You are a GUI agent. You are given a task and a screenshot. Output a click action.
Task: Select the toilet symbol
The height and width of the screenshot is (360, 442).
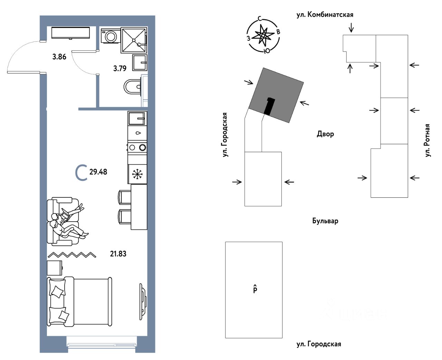tap(133, 87)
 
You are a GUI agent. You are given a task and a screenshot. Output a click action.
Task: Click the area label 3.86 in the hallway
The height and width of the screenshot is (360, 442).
tap(59, 57)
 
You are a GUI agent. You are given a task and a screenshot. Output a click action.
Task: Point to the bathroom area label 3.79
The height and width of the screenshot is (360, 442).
tap(120, 68)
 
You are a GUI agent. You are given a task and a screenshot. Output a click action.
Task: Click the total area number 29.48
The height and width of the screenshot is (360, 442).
tap(98, 172)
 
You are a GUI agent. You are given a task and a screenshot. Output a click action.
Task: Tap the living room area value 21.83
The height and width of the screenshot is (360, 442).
tap(118, 254)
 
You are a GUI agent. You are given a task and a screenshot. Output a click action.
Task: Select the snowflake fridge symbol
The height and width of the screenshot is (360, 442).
tap(137, 174)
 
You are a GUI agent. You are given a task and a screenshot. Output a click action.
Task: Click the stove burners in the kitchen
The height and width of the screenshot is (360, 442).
tap(137, 147)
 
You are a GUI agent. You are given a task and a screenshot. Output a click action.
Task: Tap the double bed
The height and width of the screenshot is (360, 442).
tap(79, 301)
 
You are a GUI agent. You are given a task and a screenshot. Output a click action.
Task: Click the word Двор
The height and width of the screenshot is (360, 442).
tap(325, 134)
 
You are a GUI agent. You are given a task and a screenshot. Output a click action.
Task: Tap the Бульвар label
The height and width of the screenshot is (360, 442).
tap(325, 221)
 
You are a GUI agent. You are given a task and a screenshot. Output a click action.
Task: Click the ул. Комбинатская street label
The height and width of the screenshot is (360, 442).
tap(325, 14)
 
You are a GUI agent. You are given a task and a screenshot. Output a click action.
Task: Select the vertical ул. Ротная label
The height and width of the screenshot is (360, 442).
tap(428, 140)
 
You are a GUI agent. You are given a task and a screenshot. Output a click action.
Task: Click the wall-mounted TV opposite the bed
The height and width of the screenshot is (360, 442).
tap(142, 301)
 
